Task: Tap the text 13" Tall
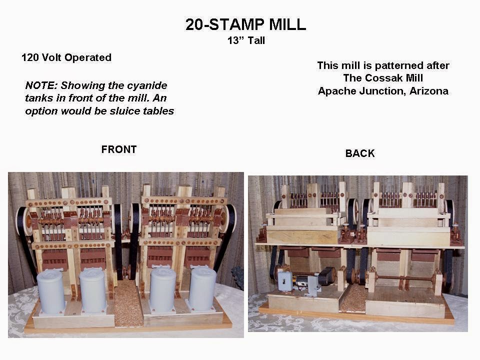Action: pyautogui.click(x=246, y=41)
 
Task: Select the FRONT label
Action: pyautogui.click(x=118, y=149)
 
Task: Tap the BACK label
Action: pyautogui.click(x=359, y=153)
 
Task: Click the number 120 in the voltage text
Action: pyautogui.click(x=30, y=57)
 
